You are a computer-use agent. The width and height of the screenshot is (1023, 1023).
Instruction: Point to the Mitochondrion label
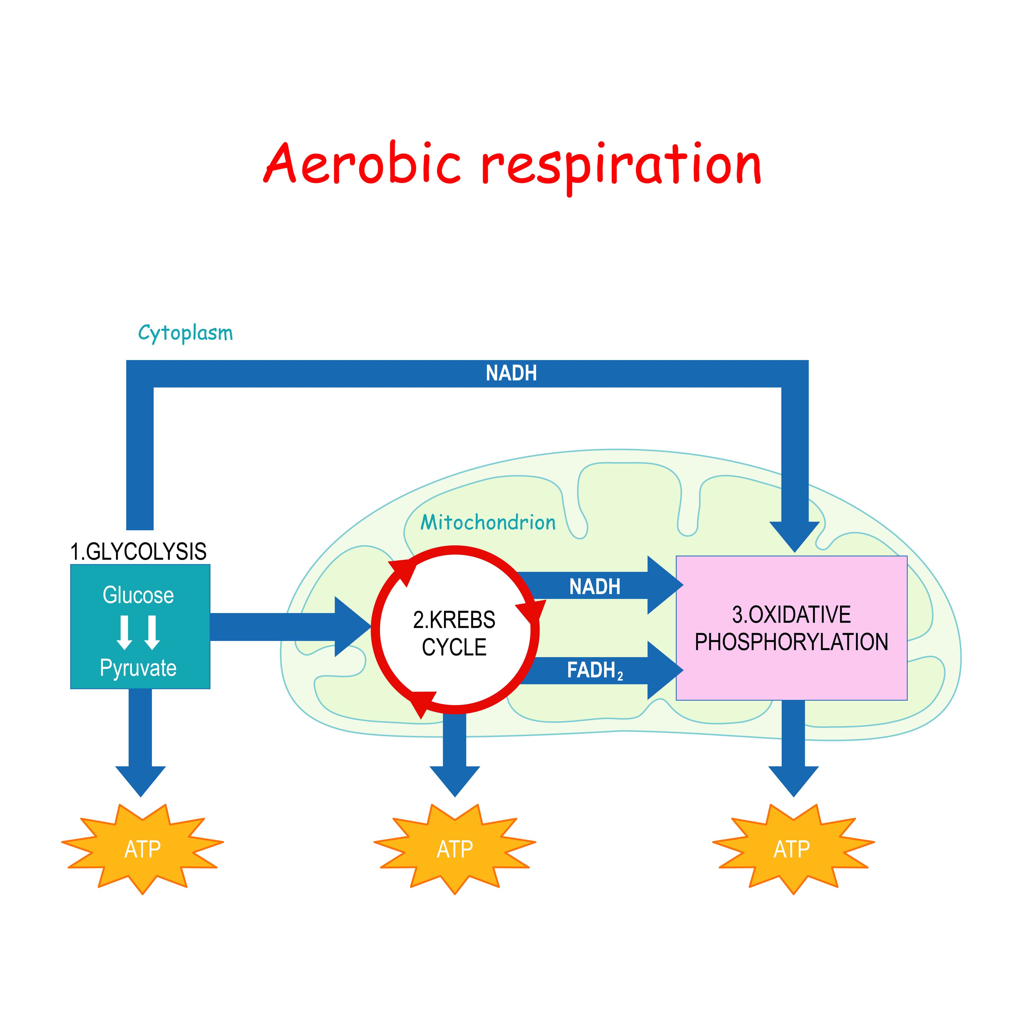pos(488,523)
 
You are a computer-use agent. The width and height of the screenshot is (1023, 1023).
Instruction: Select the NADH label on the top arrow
pos(511,373)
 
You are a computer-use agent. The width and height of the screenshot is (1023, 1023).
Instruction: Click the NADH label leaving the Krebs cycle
pos(594,587)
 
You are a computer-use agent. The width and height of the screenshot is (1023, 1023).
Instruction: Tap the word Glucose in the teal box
pos(138,595)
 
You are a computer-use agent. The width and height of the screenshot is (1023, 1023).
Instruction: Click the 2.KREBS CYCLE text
pos(454,633)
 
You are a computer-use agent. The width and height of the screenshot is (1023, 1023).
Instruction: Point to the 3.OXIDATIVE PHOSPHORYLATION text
pos(791,629)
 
